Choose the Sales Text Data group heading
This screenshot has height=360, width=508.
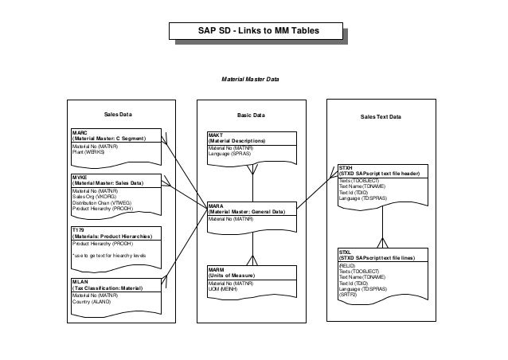click(381, 117)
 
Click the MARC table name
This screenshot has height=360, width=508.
click(79, 132)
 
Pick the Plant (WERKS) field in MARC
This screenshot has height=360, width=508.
click(88, 151)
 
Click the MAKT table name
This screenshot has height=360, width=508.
click(215, 135)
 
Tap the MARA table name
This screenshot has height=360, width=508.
click(216, 205)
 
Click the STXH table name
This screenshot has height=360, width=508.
click(346, 168)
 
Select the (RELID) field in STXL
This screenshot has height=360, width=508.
click(347, 265)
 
